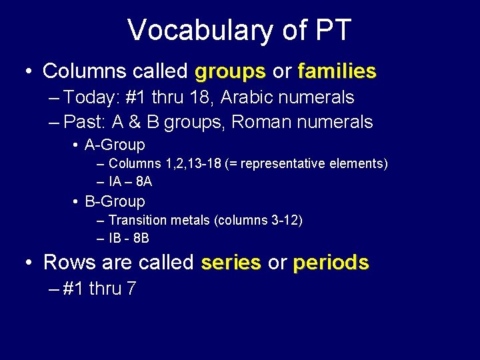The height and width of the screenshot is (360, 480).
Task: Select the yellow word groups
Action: pos(231,71)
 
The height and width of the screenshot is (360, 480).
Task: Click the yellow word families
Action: pos(337,71)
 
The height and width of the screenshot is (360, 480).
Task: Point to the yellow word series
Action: pos(231,263)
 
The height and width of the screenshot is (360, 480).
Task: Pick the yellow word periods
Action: pos(331,263)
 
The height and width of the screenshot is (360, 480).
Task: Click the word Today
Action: pos(91,97)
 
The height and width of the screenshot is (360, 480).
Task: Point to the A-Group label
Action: pos(115,145)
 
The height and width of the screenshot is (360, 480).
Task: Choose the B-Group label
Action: pos(115,201)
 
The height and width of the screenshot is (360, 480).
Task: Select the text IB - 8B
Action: pos(128,238)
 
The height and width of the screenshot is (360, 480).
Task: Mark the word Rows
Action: pos(70,263)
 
